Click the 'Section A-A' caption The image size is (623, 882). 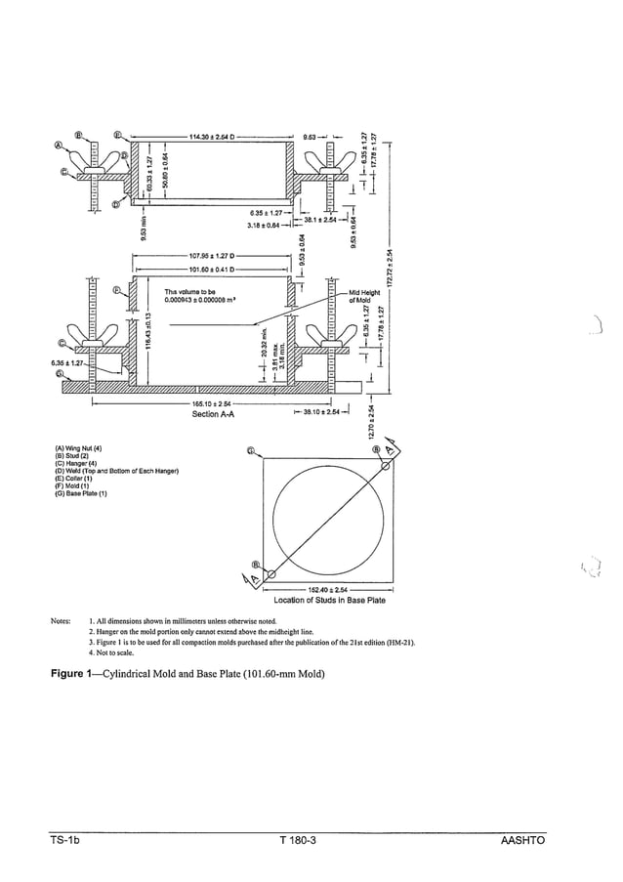(x=215, y=413)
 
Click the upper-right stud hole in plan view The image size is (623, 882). (x=385, y=466)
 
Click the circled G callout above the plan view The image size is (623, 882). (x=252, y=451)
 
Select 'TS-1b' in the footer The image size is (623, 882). (x=66, y=841)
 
